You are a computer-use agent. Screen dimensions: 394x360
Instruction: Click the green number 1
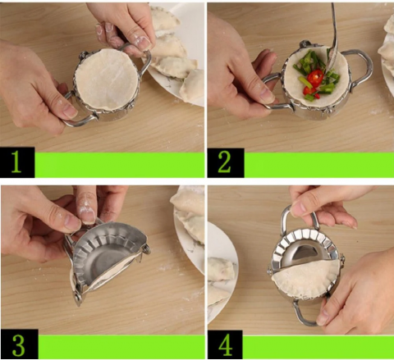pos(16,162)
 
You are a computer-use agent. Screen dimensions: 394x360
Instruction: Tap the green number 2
pos(224,162)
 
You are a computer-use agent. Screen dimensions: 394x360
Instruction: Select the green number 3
pos(19,346)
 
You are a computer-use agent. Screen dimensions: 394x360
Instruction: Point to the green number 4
pos(226,346)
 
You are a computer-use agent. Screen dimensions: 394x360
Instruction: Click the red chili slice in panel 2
pos(315,77)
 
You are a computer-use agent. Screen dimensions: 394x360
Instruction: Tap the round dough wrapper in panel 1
pos(107,80)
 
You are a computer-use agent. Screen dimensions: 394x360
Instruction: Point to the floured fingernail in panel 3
pos(87,214)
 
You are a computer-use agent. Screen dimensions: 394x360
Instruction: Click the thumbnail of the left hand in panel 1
pos(69,112)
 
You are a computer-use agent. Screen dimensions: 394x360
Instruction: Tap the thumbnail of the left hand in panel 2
pos(266,95)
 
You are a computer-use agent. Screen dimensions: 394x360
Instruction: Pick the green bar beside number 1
pos(120,165)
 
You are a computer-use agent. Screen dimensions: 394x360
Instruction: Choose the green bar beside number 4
pos(318,347)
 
